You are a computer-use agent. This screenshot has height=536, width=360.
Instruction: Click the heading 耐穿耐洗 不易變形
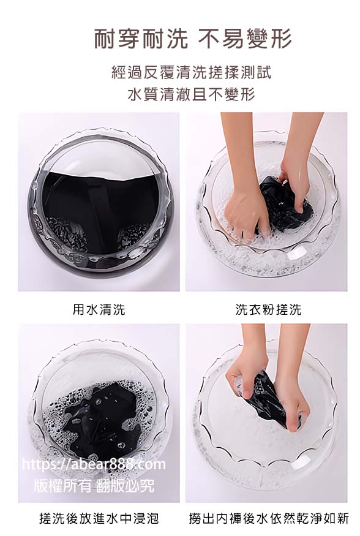(x=193, y=38)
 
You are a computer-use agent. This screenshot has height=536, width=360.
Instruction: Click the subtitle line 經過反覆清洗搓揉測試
(x=191, y=72)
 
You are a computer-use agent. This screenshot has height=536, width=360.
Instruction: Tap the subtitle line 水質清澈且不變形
(x=191, y=94)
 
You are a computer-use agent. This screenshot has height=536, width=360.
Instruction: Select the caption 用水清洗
(x=99, y=309)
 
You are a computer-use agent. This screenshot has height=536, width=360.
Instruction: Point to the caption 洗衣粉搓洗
(x=268, y=309)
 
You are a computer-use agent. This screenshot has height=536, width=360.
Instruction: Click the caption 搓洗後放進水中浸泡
(x=99, y=518)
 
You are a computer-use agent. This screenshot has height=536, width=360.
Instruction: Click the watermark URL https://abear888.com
(x=94, y=464)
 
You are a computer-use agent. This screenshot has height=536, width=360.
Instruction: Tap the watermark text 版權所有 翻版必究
(x=94, y=485)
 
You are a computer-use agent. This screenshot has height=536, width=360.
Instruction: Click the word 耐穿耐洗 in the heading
(x=141, y=38)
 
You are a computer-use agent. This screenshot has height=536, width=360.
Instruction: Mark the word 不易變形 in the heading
(x=246, y=38)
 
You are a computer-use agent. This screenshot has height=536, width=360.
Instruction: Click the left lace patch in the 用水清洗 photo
(x=67, y=234)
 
